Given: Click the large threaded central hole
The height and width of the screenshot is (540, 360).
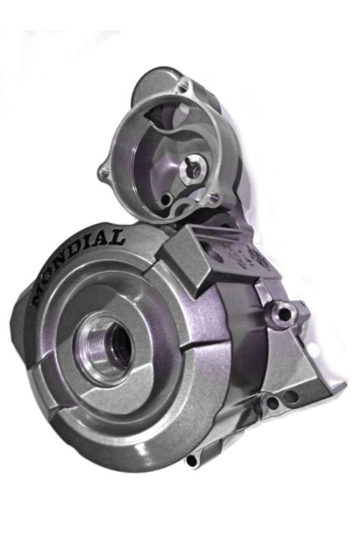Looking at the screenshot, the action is click(x=106, y=348).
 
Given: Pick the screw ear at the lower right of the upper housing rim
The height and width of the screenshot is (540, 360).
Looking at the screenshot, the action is click(x=214, y=196).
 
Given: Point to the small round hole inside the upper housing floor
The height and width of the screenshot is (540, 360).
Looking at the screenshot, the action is click(x=166, y=199).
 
